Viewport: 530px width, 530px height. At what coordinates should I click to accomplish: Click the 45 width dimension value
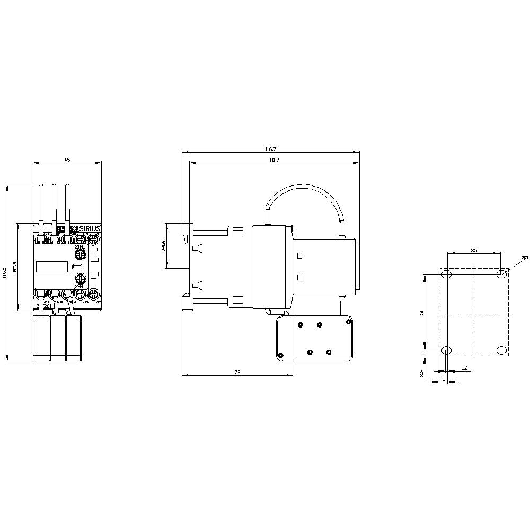(67, 160)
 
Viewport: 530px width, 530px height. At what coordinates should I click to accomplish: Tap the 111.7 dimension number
(274, 160)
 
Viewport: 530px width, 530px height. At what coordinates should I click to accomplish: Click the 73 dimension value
(237, 373)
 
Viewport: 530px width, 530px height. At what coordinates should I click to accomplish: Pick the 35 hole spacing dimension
(474, 250)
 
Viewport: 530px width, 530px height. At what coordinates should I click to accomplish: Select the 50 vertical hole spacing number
(422, 312)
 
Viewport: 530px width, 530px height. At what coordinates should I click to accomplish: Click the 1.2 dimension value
(464, 368)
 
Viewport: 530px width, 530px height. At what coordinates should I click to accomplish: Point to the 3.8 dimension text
(422, 373)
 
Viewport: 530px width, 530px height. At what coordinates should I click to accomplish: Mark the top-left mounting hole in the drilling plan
(446, 274)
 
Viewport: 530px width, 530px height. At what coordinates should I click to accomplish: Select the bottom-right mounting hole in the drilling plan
(501, 349)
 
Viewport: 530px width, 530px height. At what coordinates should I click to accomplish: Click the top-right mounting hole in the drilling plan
(501, 274)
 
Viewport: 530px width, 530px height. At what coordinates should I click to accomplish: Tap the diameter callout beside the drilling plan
(524, 258)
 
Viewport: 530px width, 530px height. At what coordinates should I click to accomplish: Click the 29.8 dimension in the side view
(164, 245)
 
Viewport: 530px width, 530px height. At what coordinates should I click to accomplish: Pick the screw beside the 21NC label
(80, 255)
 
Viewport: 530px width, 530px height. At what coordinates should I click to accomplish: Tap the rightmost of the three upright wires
(67, 207)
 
